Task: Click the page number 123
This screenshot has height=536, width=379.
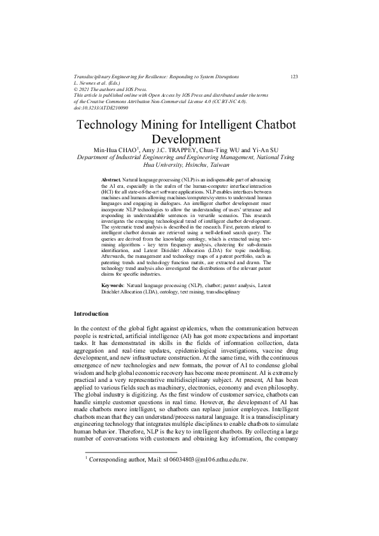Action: tap(294, 76)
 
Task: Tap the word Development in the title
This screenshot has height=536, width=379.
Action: tap(189, 138)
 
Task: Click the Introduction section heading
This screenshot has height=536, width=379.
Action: tap(91, 314)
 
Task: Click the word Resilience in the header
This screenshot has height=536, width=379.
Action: tap(161, 76)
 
